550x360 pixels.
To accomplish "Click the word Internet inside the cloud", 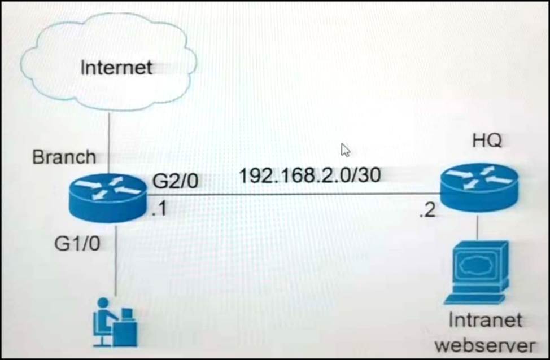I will (116, 68).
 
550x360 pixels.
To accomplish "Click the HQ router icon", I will (477, 184).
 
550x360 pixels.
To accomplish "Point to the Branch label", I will (64, 156).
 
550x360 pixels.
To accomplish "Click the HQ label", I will (486, 142).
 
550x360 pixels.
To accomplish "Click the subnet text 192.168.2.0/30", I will (309, 175).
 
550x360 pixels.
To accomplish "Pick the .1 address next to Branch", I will (159, 211).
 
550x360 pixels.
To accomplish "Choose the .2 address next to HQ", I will (427, 213).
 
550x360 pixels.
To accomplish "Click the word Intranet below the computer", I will (485, 321).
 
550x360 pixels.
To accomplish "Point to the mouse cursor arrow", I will (345, 150).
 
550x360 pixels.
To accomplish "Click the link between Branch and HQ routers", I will (294, 195).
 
